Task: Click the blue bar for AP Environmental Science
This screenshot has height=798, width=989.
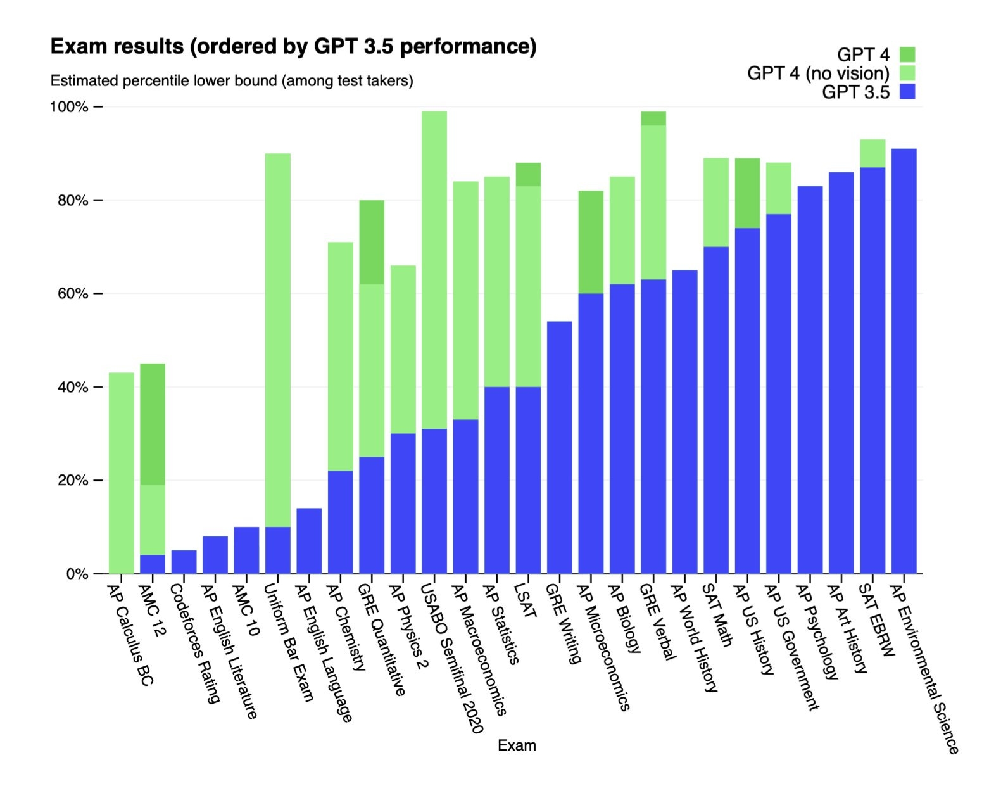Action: [x=904, y=361]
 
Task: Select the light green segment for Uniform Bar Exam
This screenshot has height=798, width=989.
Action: [x=278, y=339]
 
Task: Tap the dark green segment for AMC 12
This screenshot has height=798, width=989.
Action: [x=153, y=424]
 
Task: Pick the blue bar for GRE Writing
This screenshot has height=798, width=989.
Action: [x=560, y=447]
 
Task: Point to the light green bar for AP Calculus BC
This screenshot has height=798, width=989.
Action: [x=121, y=472]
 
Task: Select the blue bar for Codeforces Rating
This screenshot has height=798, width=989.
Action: [x=184, y=562]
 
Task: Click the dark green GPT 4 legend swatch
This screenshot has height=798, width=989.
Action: [x=907, y=54]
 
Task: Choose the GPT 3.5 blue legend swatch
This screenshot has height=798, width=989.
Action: [x=907, y=92]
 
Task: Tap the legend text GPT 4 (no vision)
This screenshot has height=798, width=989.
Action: [x=818, y=73]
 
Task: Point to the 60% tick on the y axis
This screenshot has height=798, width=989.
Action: [x=98, y=294]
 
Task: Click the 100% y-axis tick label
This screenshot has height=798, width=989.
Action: [x=69, y=106]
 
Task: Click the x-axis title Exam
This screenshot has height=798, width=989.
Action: [x=517, y=745]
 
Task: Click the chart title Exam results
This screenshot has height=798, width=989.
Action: [x=293, y=47]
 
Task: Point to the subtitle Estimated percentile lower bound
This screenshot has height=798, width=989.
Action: [x=232, y=81]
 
